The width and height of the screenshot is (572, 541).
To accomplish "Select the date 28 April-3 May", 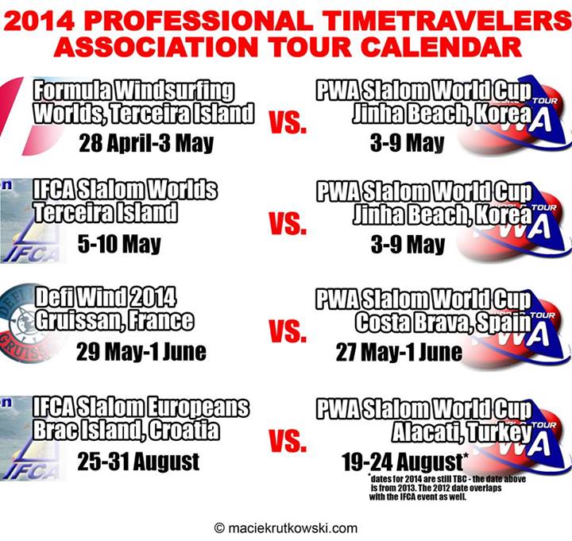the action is (x=146, y=143).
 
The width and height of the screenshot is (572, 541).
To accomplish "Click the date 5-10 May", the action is (x=119, y=244).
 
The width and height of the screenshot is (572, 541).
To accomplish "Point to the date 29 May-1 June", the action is (x=141, y=352).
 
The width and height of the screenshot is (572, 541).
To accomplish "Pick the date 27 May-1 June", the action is (x=399, y=352).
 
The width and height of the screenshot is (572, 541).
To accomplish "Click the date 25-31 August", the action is (x=138, y=462).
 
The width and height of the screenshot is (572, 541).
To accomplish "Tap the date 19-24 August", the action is (x=403, y=462).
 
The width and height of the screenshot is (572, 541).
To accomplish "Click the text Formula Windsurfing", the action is (x=133, y=91).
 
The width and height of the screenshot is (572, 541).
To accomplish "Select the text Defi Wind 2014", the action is (x=106, y=297).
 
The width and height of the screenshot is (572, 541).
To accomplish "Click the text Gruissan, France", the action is (x=114, y=321).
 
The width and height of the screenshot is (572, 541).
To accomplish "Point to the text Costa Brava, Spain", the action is (x=443, y=323).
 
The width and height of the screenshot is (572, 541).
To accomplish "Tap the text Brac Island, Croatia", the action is (x=126, y=430).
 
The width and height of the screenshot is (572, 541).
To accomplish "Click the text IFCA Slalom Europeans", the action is (x=141, y=407).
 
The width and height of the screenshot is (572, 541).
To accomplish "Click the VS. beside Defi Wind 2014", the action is (x=288, y=331).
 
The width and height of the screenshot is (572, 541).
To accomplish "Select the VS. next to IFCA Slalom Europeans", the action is (x=288, y=440).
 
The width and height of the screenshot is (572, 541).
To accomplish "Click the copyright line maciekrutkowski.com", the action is (x=286, y=527).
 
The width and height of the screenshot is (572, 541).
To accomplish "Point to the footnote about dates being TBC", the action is (x=447, y=487).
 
